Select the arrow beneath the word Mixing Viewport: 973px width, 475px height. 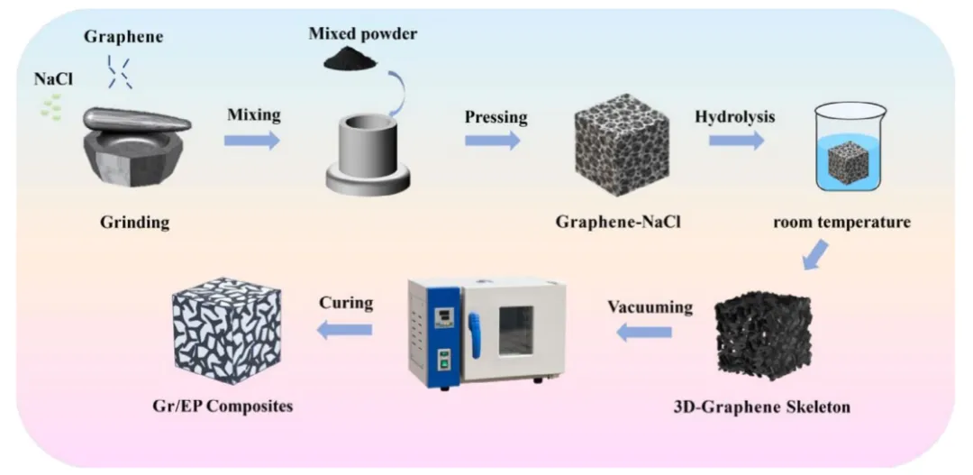[252, 140]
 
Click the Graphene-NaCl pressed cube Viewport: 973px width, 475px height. [615, 145]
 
